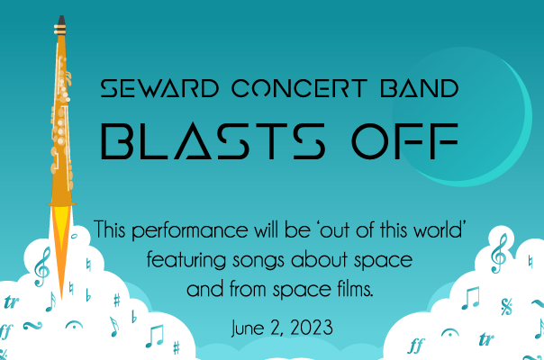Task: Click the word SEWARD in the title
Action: coord(159,88)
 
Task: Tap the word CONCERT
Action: coord(299,88)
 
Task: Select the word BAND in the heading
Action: coord(420,88)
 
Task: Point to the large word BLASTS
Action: coord(213,140)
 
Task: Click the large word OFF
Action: coord(405,140)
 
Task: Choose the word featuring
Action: coord(186,261)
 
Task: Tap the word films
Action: coord(355,289)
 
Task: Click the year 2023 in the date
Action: coord(312,328)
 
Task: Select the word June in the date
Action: coord(248,328)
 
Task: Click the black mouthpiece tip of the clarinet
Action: coord(61,21)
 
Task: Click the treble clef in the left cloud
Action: coord(42,267)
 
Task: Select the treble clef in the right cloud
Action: coord(499,253)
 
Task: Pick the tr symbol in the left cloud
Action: coord(11,302)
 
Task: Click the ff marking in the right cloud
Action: coord(415,346)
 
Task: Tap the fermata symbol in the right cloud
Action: coord(450,333)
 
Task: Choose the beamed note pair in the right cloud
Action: coord(471,298)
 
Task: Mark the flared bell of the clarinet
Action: coord(61,202)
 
